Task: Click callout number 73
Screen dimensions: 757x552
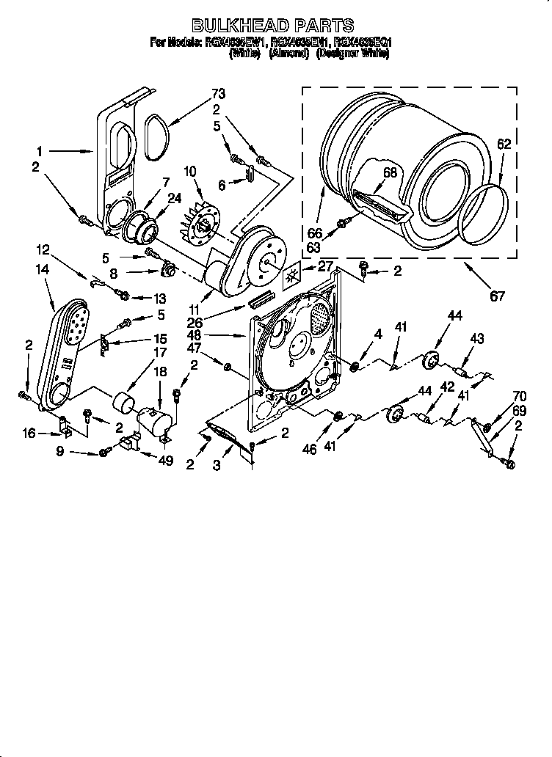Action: (x=218, y=94)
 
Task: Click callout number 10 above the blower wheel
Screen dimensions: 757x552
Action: (x=191, y=172)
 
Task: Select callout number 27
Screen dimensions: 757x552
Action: (x=325, y=268)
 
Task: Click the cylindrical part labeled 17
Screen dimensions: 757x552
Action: (x=123, y=403)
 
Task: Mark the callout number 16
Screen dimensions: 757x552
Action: (x=29, y=434)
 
